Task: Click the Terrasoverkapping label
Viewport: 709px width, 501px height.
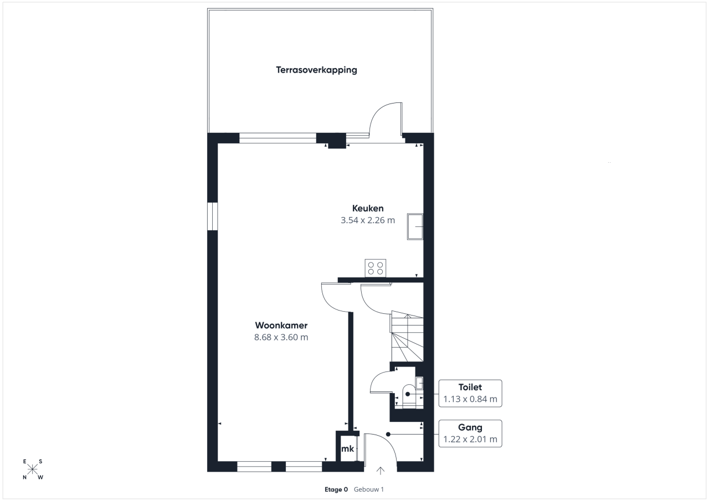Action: click(x=316, y=70)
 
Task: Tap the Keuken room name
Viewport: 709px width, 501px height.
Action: click(x=368, y=208)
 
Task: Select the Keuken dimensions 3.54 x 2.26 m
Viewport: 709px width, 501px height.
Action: click(x=368, y=220)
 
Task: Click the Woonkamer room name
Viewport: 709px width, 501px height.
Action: click(x=281, y=325)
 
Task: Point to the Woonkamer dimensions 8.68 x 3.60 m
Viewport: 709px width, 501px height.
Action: click(x=281, y=337)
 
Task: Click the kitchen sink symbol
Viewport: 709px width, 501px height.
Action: click(x=415, y=227)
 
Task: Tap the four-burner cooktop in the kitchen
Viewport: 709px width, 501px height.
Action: click(x=376, y=268)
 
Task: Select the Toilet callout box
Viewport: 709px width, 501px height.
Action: click(x=470, y=393)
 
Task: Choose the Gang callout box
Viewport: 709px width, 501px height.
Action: click(x=470, y=433)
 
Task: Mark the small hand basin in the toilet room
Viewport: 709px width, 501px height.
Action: click(x=419, y=383)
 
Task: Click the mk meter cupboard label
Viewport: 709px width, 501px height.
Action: click(x=347, y=448)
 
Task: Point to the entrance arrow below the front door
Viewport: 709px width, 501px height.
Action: click(x=380, y=471)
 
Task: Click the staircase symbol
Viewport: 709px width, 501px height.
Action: click(x=407, y=336)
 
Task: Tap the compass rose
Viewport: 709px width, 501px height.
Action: click(x=32, y=469)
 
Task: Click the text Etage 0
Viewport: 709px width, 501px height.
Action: click(x=336, y=489)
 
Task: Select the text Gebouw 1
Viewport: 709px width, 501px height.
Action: click(x=369, y=489)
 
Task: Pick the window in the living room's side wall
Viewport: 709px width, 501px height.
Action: click(x=212, y=216)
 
